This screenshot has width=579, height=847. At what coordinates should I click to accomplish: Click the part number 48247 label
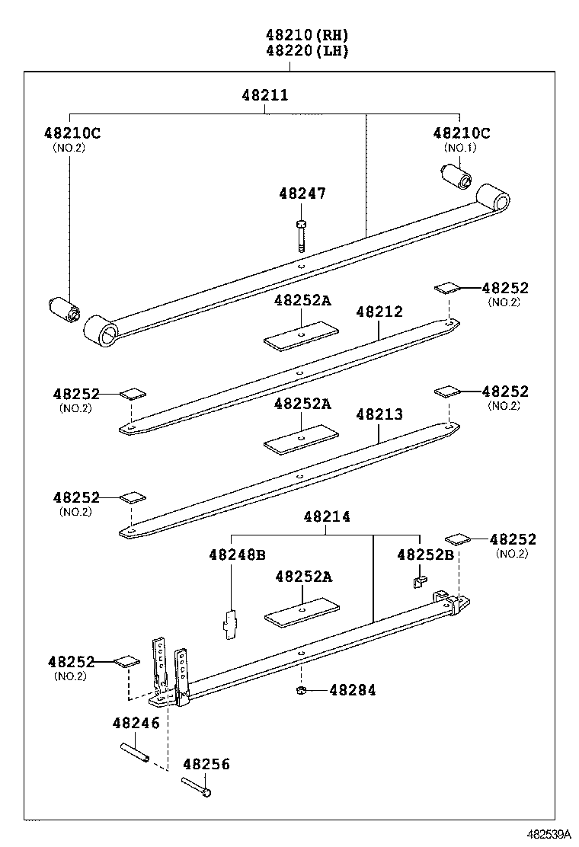click(302, 193)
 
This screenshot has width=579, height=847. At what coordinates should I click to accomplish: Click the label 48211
click(265, 95)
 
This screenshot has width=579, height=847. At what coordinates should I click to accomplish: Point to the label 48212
click(379, 312)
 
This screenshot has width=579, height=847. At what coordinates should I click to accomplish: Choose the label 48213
click(379, 414)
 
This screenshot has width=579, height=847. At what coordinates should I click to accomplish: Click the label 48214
click(326, 516)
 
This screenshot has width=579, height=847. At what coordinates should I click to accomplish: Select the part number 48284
click(353, 690)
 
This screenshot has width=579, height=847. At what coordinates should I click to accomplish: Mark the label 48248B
click(236, 555)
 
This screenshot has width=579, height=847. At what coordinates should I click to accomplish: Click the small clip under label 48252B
click(417, 583)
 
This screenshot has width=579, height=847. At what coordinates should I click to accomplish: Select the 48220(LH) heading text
click(307, 51)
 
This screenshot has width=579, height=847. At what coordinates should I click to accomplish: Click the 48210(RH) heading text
click(307, 35)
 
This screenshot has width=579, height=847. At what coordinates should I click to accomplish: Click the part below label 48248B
click(230, 621)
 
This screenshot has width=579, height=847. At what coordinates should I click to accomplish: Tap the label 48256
click(206, 764)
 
